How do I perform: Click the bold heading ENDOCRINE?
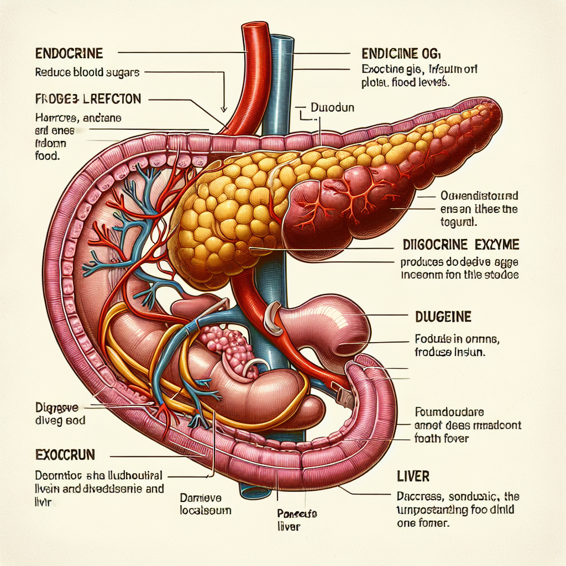point(69,54)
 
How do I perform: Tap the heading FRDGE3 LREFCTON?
point(88,99)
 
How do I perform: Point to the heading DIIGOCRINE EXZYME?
point(462,244)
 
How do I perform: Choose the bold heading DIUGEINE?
point(443,317)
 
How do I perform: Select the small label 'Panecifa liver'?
point(290,520)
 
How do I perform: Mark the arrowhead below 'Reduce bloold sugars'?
point(224,108)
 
